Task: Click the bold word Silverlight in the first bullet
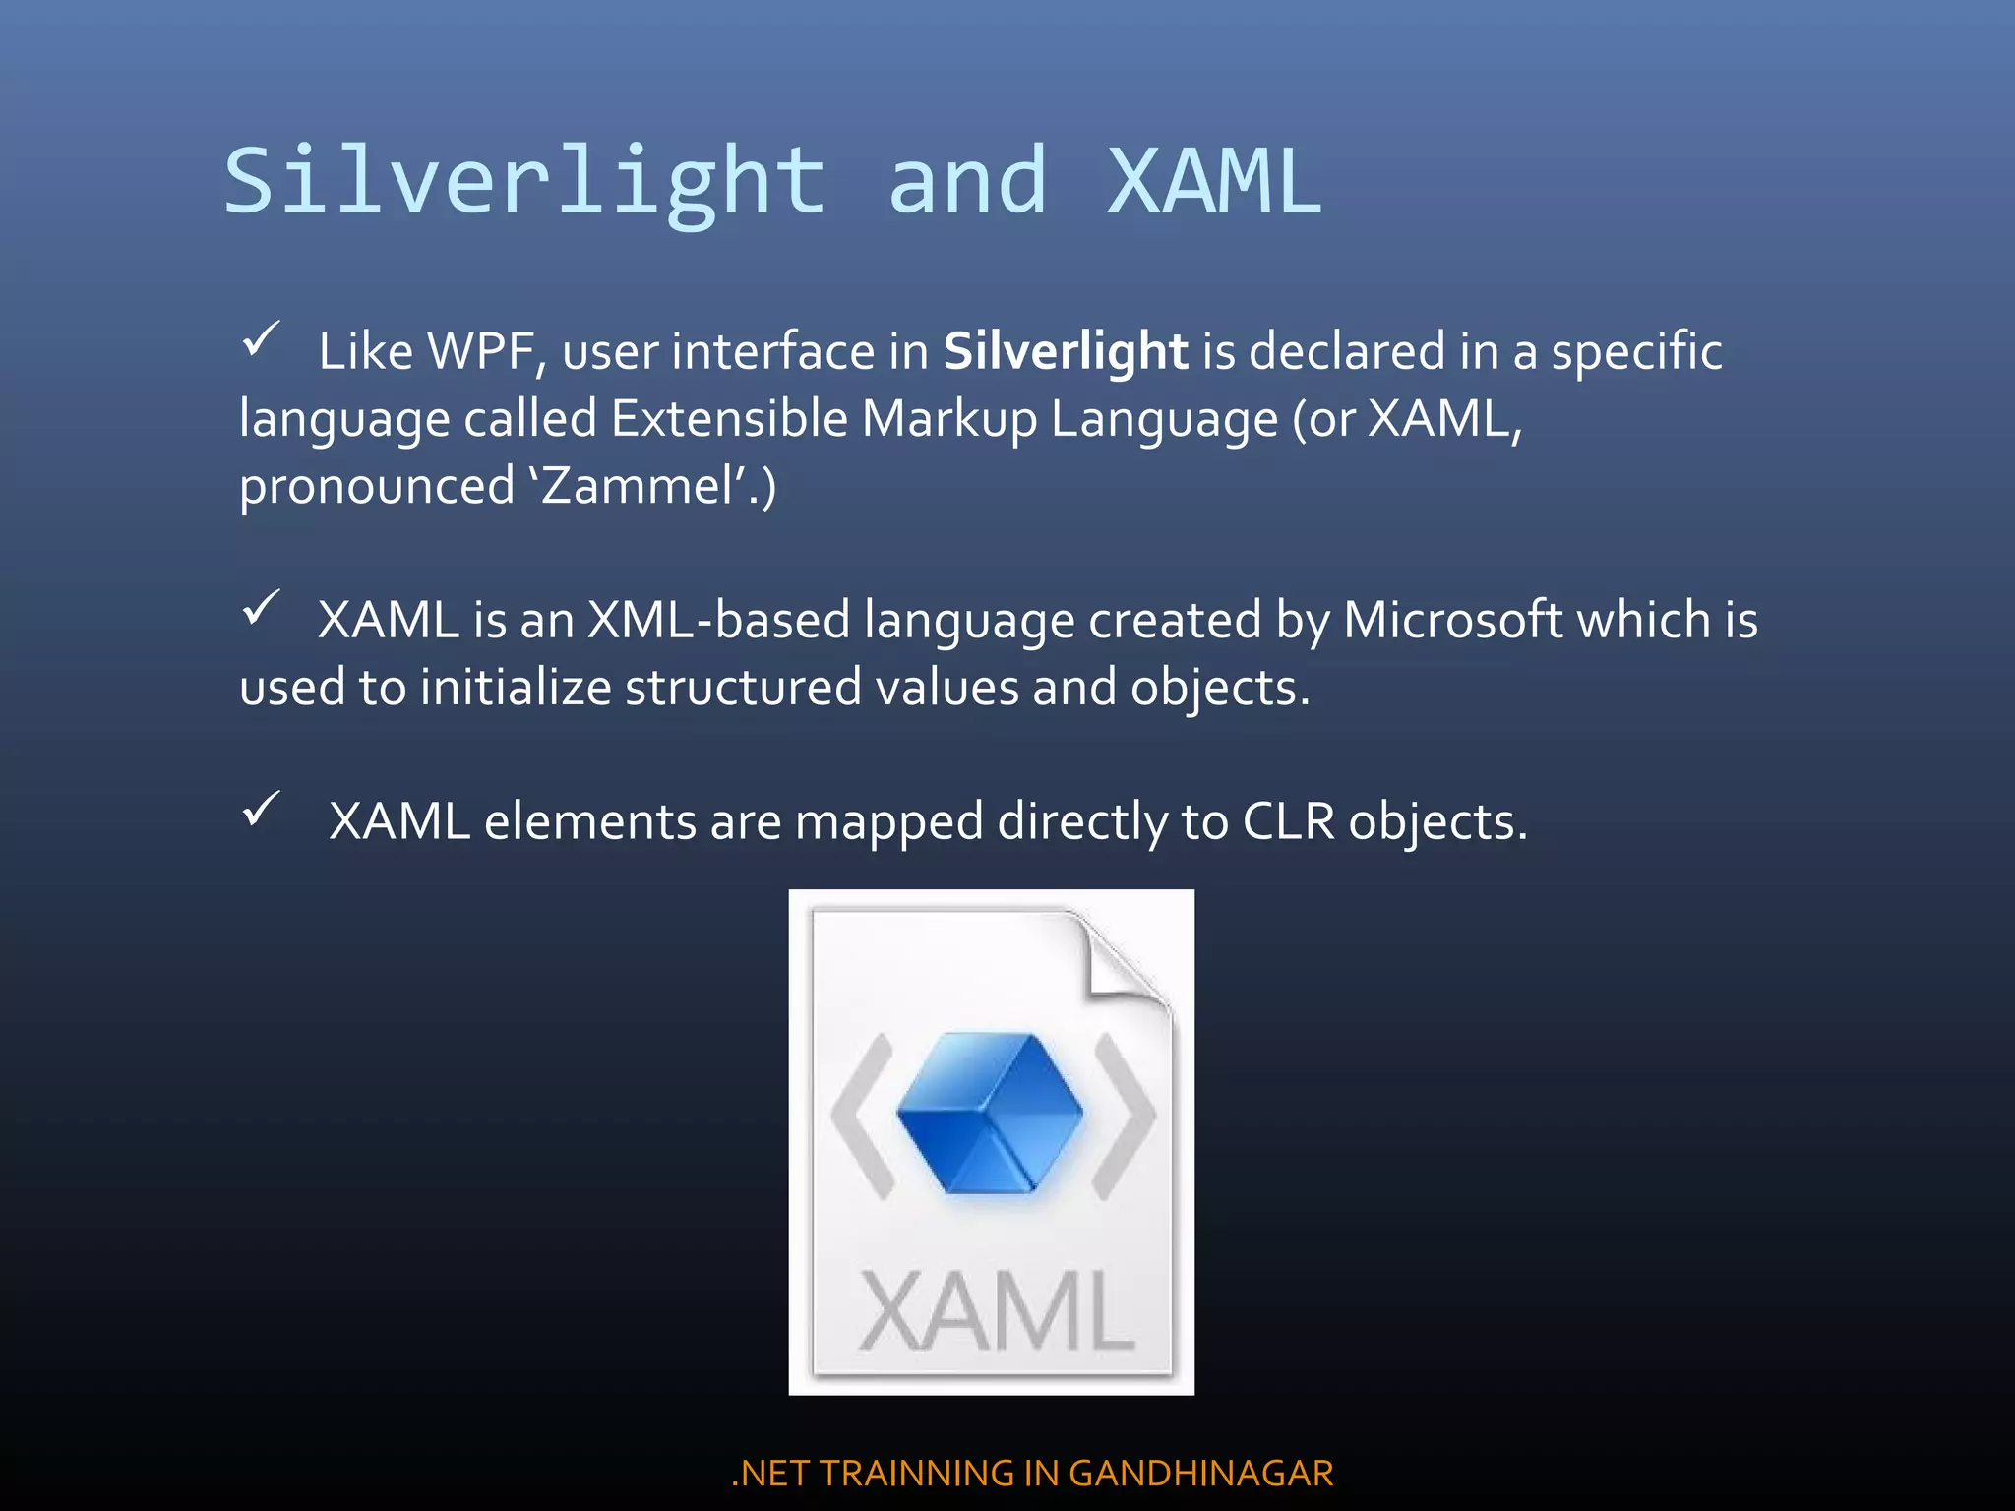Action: coord(1066,351)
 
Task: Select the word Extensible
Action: coord(729,419)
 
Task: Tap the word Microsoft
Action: coord(1453,620)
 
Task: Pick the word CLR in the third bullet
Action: coord(1288,821)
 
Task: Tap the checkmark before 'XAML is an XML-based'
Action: coord(261,608)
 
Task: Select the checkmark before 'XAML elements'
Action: coord(261,810)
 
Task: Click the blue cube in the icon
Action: coord(990,1113)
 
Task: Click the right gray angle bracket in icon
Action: coord(1125,1116)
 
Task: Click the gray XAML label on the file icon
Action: coord(996,1311)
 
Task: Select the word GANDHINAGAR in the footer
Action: coord(1200,1473)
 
